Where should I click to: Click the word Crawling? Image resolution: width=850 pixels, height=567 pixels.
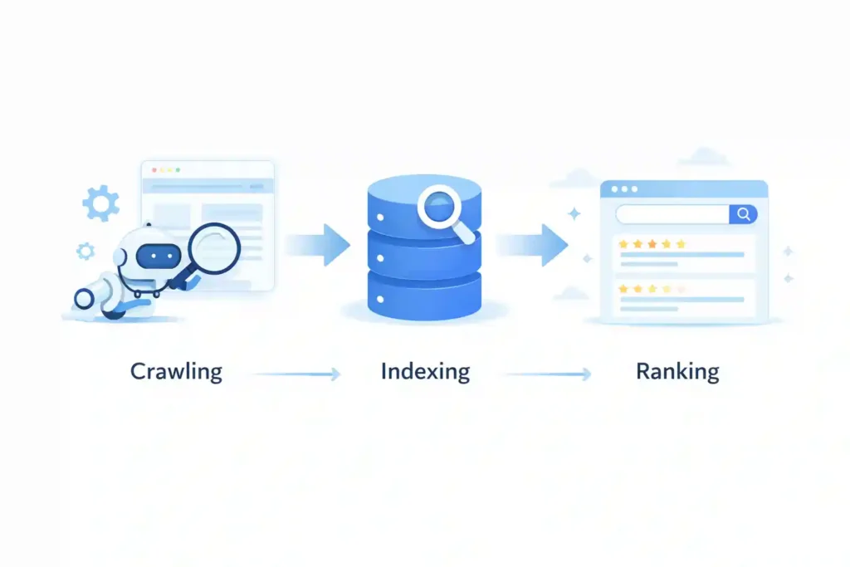pos(176,371)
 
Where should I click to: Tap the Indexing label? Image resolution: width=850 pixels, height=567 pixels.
pos(425,371)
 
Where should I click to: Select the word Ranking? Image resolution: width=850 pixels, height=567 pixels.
pos(677,371)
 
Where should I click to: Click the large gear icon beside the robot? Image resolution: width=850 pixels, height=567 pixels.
pos(101,203)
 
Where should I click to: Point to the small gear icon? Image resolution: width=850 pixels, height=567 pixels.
pos(85,250)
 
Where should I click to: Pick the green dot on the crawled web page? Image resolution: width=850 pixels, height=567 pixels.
pos(178,170)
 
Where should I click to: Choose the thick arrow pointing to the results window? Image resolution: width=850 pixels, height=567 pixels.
pos(535,244)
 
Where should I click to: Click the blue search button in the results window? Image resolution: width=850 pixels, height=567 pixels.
pos(743,214)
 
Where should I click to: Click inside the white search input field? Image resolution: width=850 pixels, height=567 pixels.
pos(672,214)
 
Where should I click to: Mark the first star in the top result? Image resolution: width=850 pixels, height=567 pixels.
pos(623,244)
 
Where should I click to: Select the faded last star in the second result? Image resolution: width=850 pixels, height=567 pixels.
pos(681,289)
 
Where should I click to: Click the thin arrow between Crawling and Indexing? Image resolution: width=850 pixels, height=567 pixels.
pos(296,374)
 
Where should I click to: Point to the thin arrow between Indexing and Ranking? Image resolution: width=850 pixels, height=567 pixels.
pos(548,374)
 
